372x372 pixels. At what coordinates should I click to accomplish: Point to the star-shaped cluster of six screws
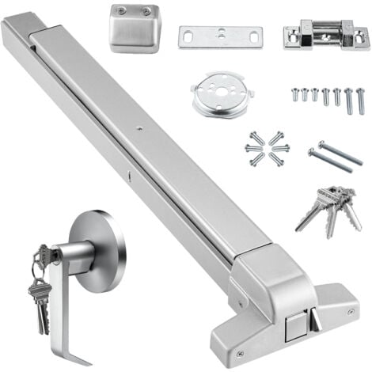(267, 148)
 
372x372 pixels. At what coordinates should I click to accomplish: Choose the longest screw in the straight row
(361, 101)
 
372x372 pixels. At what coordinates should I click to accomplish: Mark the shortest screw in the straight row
(294, 93)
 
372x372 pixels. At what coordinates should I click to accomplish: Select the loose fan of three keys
(328, 205)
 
